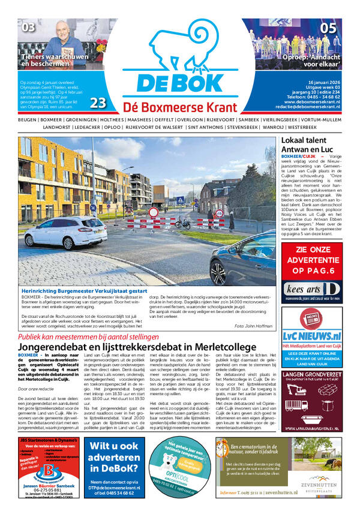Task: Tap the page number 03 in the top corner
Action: [x=29, y=27]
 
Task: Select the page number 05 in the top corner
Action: [x=328, y=28]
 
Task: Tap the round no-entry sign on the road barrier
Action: [x=154, y=212]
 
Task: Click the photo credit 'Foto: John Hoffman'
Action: [x=255, y=325]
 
